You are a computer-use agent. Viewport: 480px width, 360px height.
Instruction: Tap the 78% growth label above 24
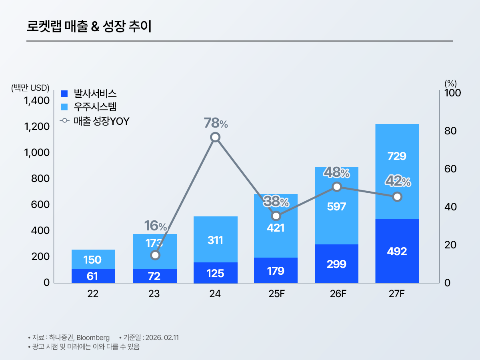(x=216, y=123)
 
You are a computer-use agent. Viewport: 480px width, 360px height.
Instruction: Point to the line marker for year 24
(x=216, y=137)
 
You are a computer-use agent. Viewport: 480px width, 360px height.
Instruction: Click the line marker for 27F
(x=397, y=197)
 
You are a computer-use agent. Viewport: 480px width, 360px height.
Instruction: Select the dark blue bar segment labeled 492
(x=397, y=251)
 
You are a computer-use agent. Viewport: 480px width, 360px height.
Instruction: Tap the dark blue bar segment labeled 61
(x=93, y=276)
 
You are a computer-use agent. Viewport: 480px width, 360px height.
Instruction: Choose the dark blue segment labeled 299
(x=336, y=264)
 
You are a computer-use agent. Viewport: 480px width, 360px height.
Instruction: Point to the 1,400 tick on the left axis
(x=37, y=100)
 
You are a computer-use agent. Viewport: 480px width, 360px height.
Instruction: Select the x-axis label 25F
(x=276, y=294)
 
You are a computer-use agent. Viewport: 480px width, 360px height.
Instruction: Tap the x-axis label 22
(x=93, y=294)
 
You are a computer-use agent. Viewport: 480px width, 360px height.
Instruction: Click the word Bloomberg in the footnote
(x=93, y=338)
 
